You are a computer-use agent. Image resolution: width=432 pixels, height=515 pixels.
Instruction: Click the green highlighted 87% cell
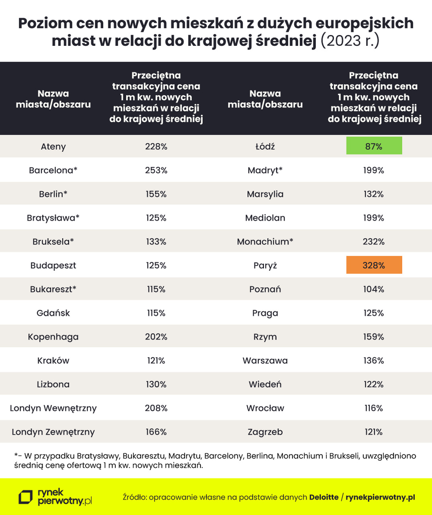374,146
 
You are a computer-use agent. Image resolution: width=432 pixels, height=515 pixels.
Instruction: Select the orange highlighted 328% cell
374,265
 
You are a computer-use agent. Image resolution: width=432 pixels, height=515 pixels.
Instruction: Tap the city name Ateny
53,146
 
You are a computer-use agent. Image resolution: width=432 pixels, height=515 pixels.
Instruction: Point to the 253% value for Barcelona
156,170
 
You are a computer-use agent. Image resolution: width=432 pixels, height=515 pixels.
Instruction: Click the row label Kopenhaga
53,337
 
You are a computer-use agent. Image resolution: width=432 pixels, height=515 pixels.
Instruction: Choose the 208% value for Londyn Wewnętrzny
156,408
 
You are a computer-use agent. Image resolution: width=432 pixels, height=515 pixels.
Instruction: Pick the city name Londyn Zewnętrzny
53,432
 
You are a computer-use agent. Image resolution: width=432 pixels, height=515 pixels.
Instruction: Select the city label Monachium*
265,241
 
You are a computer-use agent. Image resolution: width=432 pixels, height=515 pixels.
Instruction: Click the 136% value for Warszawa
374,360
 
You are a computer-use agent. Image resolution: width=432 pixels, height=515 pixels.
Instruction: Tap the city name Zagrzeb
265,432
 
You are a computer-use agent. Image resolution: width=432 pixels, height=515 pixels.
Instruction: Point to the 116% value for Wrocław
374,408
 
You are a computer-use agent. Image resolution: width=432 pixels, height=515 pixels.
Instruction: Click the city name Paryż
265,266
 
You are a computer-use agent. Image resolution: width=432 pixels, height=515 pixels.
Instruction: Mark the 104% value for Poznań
374,289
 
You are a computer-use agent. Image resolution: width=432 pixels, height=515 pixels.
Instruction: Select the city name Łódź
265,146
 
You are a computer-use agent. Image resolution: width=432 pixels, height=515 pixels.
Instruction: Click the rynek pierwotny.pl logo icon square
26,497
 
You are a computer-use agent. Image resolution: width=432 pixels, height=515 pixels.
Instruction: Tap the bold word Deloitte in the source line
323,497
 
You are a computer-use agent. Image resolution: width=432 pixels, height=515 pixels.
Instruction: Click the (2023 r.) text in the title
350,41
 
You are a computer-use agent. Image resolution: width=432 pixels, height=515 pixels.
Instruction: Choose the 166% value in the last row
156,432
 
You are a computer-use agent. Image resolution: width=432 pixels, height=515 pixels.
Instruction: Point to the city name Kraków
53,360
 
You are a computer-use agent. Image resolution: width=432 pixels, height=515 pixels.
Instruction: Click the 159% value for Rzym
374,337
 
